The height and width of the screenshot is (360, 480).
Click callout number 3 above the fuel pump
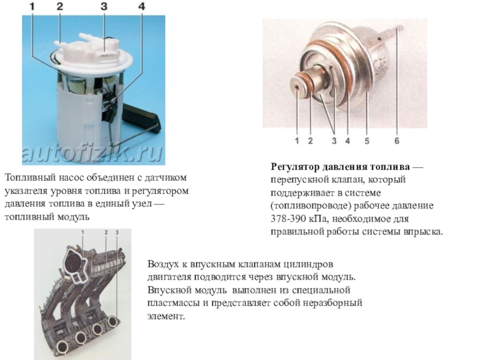pos(104,7)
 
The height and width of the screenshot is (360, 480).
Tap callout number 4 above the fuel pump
pos(142,7)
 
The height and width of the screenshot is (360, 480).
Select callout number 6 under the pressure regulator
pos(397,141)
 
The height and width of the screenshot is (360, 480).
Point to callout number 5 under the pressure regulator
pos(367,141)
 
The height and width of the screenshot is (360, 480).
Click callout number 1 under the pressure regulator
pos(296,141)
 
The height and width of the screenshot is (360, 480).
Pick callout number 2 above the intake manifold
pos(106,233)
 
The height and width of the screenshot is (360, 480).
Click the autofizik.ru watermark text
pos(92,153)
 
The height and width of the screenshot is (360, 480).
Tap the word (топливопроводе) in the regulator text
pos(310,206)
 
